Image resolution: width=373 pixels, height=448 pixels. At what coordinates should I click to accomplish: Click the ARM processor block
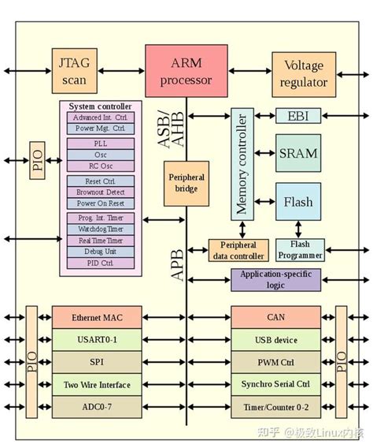tap(186, 72)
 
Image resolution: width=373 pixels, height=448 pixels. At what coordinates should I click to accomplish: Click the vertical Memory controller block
tap(242, 163)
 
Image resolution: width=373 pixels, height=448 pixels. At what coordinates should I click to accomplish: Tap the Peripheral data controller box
tap(238, 250)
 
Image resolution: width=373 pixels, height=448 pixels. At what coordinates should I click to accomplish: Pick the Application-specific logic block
tap(277, 279)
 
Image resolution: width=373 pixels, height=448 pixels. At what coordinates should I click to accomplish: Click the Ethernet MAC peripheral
tap(97, 318)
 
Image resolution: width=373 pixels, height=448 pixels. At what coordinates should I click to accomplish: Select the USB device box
tap(275, 340)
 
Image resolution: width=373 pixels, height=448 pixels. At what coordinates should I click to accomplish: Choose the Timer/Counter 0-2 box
tap(275, 408)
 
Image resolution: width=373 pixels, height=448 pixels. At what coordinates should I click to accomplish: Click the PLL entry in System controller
tap(100, 144)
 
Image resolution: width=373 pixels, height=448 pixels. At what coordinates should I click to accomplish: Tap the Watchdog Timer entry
tap(100, 229)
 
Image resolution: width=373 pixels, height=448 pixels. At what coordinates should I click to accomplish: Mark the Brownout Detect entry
tap(100, 192)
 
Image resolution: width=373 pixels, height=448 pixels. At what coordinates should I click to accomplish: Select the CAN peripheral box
tap(275, 318)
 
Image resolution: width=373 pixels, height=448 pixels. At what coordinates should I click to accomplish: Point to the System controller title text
tap(100, 106)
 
